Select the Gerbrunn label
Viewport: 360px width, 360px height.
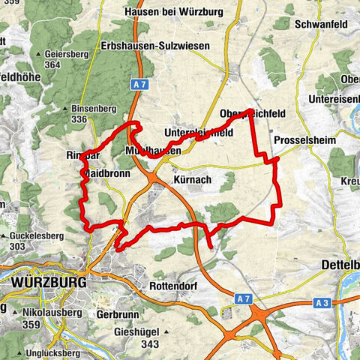click(117, 315)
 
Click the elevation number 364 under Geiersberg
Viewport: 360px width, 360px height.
click(52, 65)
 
